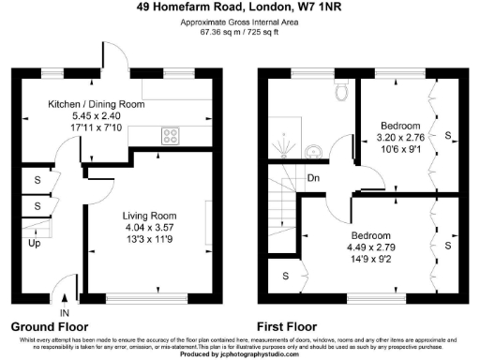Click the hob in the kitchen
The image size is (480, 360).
point(172,135)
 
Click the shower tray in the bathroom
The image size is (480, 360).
point(284,143)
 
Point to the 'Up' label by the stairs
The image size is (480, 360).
point(34,244)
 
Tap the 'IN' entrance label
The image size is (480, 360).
point(65,312)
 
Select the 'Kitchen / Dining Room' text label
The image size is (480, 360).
point(96,104)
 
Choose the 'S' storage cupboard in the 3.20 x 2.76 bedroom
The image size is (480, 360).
point(448,137)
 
